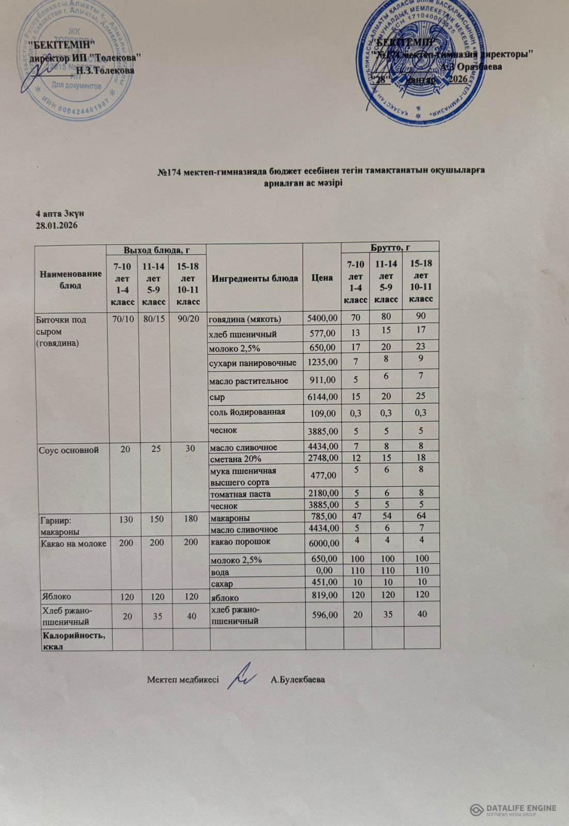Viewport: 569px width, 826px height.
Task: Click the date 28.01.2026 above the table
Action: tap(56, 226)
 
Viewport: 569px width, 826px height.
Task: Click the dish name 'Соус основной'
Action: tap(69, 450)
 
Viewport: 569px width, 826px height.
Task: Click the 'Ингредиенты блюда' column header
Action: tap(255, 278)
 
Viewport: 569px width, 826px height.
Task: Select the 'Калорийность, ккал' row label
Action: tap(74, 640)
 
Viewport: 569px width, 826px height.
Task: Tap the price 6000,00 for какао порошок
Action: tap(324, 543)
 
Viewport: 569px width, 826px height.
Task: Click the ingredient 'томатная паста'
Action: tap(240, 494)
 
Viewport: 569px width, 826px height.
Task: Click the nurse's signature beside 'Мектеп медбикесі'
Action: tap(242, 676)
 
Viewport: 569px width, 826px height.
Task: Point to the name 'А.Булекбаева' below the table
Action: tap(297, 679)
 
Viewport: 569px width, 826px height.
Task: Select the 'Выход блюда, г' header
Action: tap(156, 250)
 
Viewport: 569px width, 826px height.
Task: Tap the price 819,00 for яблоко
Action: tap(325, 595)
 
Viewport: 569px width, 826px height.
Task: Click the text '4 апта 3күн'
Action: tap(59, 213)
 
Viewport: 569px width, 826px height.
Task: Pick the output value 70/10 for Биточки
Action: tap(123, 320)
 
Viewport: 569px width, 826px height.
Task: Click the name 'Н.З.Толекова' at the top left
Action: tap(105, 71)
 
